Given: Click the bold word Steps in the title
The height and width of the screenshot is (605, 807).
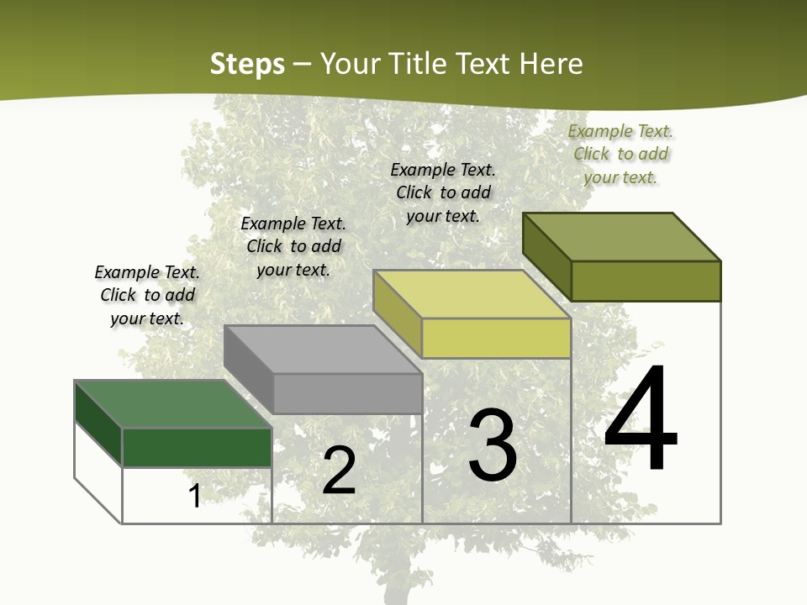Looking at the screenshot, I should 247,64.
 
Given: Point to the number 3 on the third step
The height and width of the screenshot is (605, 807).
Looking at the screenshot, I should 493,445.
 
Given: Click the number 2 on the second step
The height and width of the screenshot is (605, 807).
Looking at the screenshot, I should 339,471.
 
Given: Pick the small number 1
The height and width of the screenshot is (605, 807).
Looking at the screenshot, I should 195,496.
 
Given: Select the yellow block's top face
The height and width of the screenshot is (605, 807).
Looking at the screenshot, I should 471,294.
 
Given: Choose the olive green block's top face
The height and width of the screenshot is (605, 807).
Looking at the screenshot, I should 622,237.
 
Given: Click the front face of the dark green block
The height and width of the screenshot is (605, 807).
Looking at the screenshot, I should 198,447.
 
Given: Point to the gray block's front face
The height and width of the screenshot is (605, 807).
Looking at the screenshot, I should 347,393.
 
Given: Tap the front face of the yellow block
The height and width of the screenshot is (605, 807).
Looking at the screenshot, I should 496,339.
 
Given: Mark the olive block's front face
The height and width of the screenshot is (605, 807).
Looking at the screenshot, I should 646,281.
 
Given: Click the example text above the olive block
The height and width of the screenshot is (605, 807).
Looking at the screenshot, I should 620,154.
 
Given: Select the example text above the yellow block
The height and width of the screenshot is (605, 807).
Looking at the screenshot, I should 443,192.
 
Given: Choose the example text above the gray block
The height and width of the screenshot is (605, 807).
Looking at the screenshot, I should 293,246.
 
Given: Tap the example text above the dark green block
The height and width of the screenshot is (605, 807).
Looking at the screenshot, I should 147,295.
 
